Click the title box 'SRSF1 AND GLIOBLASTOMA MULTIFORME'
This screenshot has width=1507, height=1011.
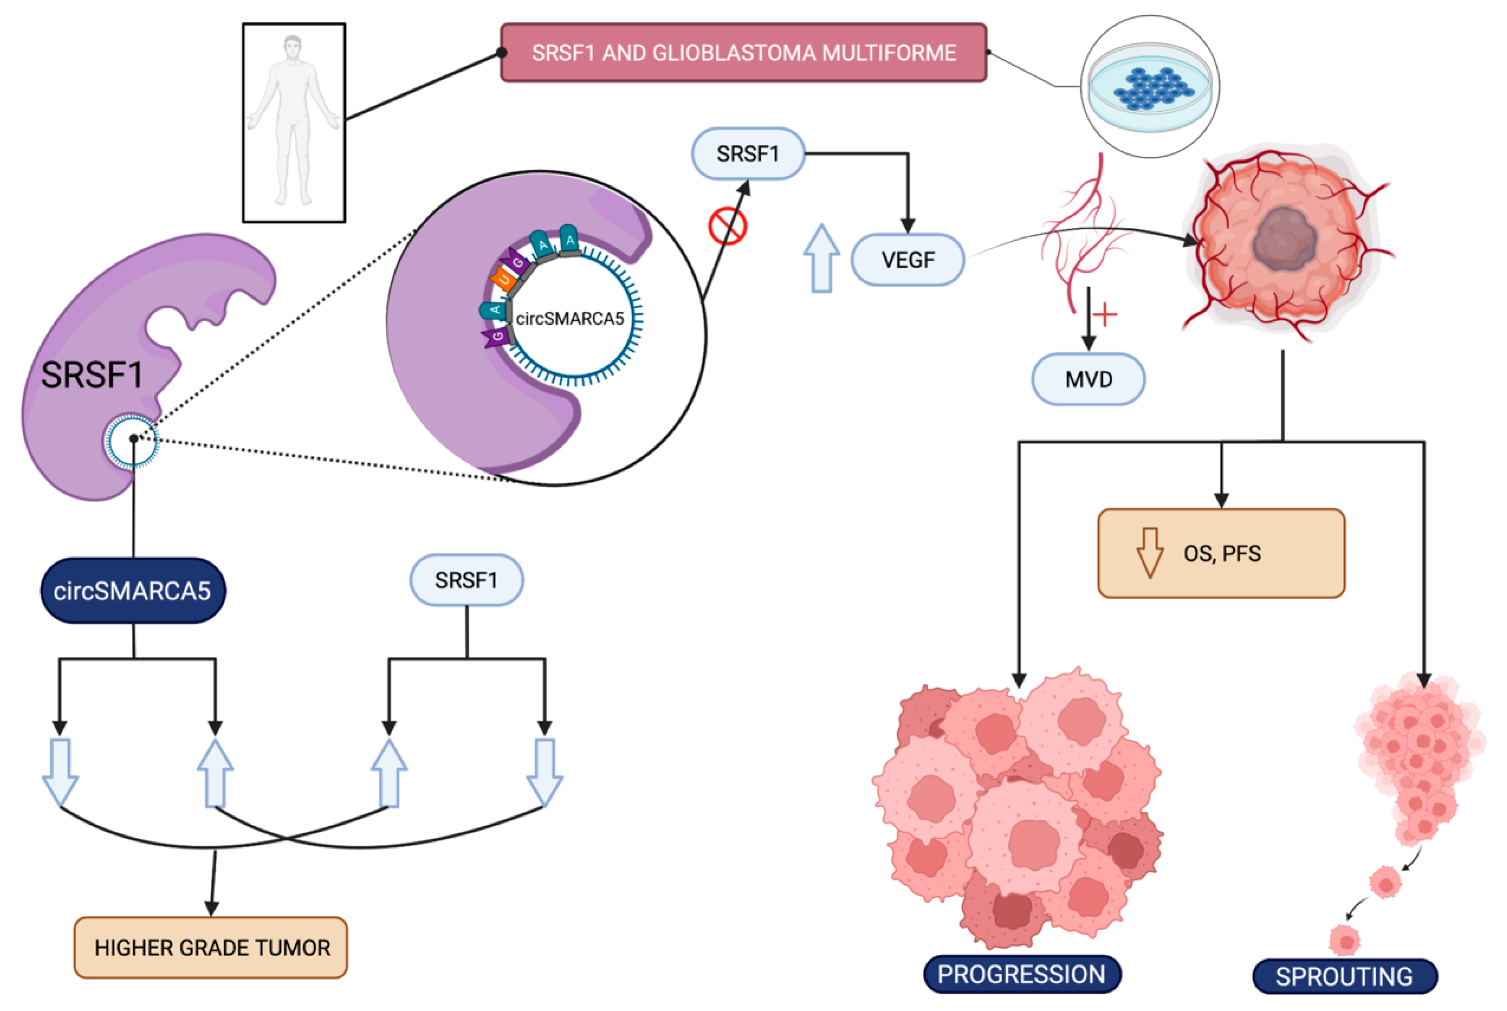click(x=744, y=52)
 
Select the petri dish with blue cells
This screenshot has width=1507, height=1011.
click(x=1150, y=87)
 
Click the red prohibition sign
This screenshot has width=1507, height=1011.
click(x=728, y=226)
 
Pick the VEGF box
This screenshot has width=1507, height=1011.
click(x=908, y=259)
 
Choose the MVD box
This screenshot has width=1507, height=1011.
click(x=1089, y=379)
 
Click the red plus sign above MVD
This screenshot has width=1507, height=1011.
click(x=1105, y=315)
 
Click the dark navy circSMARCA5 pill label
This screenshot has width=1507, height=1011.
click(x=133, y=591)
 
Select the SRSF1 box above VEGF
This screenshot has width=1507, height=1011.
click(x=748, y=153)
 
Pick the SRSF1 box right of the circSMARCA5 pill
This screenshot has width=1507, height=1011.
click(x=466, y=580)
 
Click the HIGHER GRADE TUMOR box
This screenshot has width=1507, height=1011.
click(x=211, y=947)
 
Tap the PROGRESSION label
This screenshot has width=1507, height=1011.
click(x=1022, y=974)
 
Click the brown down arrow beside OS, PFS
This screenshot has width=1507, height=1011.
click(x=1150, y=552)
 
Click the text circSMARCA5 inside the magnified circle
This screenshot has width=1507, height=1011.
click(x=570, y=319)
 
